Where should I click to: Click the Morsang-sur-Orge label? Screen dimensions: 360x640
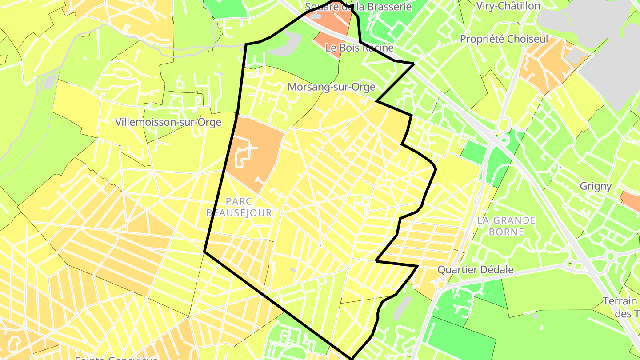point(332,87)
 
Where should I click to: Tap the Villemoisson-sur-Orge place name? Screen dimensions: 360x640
point(168,122)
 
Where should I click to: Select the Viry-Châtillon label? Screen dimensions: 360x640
point(508,6)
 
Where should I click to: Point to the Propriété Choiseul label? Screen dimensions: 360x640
point(504,39)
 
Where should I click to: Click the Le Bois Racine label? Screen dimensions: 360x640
point(360,48)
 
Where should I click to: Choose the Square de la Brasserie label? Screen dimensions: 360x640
point(358,7)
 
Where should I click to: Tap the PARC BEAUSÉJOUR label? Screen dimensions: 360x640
point(239,207)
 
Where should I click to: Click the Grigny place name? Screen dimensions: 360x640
point(596,186)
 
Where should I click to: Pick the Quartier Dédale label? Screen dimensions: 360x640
point(476,270)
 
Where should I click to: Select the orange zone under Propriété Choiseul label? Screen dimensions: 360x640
point(547,67)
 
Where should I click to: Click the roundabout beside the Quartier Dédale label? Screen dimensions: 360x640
point(440,284)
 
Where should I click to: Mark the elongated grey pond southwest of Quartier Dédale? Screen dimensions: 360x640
point(402,306)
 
